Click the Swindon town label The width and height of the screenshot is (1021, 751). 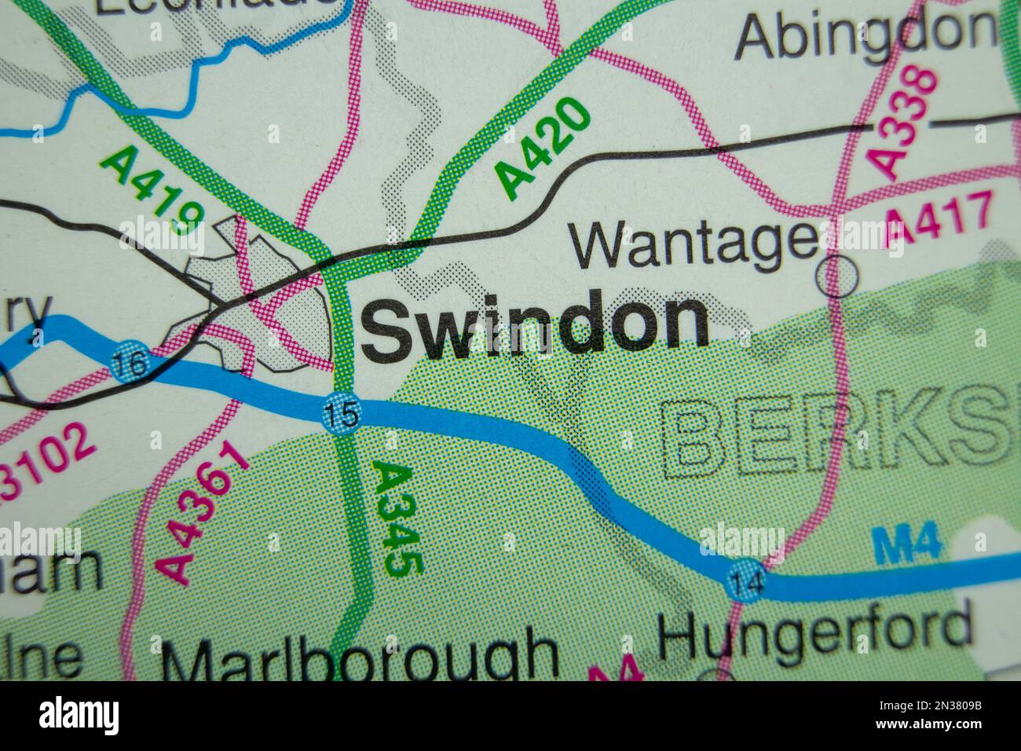coord(534,324)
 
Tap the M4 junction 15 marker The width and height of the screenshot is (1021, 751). coord(340,415)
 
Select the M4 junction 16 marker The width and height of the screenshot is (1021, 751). coord(125,363)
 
